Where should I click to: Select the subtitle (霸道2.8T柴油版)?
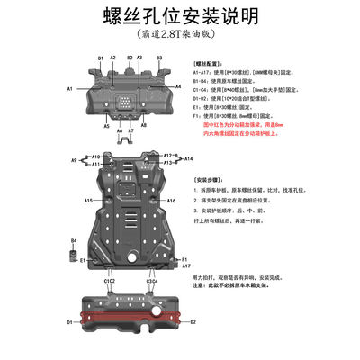pyautogui.click(x=179, y=39)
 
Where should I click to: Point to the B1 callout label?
pyautogui.click(x=101, y=58)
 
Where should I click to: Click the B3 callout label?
pyautogui.click(x=159, y=58)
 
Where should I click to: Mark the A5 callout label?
pyautogui.click(x=106, y=127)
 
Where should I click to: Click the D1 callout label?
pyautogui.click(x=67, y=321)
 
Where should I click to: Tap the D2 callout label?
pyautogui.click(x=192, y=320)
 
